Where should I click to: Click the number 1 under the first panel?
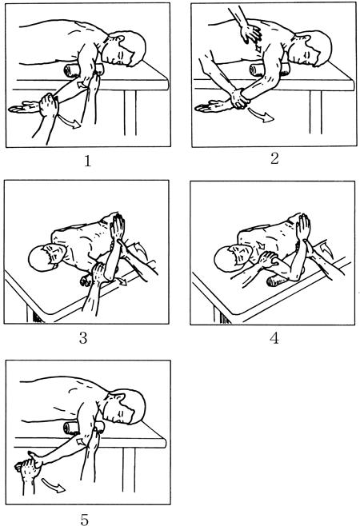[x=88, y=161]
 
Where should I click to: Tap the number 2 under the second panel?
[x=274, y=158]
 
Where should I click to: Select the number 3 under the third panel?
[x=83, y=338]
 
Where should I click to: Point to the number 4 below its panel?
[x=274, y=338]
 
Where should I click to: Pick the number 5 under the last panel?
[x=85, y=520]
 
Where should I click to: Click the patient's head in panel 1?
[x=126, y=49]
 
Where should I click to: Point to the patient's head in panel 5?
[x=126, y=406]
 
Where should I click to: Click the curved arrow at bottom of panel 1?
[x=70, y=122]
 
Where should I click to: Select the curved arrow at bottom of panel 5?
[x=54, y=485]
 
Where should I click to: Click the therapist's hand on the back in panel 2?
[x=252, y=34]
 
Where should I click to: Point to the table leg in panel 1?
[x=130, y=113]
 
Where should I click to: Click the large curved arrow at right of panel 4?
[x=325, y=249]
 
